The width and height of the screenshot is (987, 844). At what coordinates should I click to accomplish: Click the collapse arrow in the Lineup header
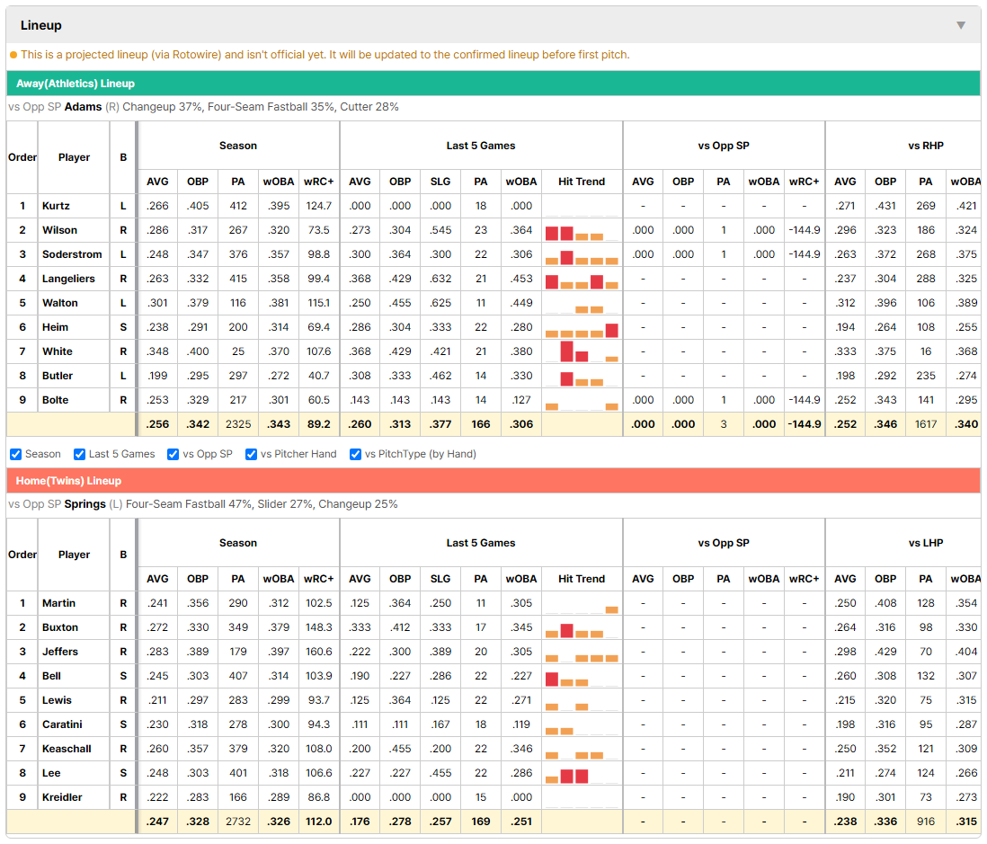961,25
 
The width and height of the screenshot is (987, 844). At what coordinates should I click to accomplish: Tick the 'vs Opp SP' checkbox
173,455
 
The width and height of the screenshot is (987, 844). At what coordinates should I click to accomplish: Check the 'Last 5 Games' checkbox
79,455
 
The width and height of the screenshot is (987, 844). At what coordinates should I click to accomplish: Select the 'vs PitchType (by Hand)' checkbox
356,455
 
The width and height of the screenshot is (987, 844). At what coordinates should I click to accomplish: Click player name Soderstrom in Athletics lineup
72,254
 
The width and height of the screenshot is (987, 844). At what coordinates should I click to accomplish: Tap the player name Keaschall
67,749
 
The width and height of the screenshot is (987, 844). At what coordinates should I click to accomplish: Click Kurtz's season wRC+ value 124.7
319,206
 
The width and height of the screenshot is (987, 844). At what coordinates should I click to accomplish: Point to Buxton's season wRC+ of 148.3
319,627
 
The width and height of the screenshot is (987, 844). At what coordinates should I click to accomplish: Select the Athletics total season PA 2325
238,424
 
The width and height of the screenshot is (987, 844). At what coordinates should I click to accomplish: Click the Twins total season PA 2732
238,822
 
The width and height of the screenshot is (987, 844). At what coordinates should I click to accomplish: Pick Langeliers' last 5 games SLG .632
440,279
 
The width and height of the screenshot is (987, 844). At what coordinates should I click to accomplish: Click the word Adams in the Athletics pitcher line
83,107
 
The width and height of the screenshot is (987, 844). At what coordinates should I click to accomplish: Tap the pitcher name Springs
85,504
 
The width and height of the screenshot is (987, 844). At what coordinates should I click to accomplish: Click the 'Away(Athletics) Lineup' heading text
76,84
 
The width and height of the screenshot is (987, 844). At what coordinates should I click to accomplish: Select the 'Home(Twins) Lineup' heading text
68,481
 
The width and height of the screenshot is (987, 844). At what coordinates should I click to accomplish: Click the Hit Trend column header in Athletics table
582,182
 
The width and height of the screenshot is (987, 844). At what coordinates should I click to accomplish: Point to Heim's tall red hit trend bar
612,331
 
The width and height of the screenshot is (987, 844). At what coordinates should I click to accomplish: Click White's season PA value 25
238,351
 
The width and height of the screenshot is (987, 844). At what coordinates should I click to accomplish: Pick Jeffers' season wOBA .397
279,652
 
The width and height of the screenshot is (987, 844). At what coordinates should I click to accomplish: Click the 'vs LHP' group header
926,543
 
